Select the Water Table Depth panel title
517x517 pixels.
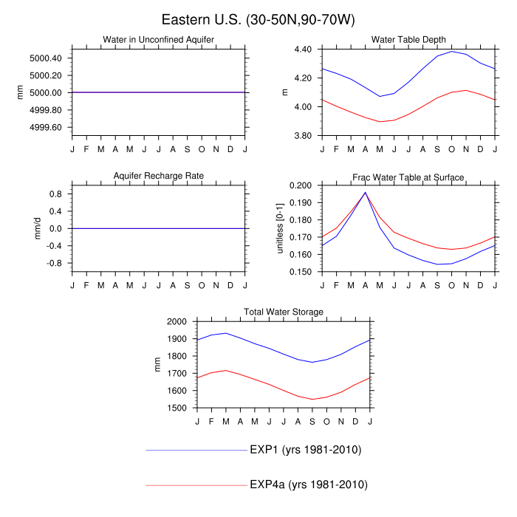pyautogui.click(x=408, y=39)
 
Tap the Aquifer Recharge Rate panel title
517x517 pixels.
pyautogui.click(x=159, y=176)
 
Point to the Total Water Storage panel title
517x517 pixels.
pyautogui.click(x=284, y=312)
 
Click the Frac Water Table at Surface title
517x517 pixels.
pyautogui.click(x=408, y=176)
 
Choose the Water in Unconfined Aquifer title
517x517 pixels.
pyautogui.click(x=159, y=39)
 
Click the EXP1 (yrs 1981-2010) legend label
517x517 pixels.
pyautogui.click(x=305, y=450)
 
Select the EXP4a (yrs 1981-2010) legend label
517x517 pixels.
pyautogui.click(x=308, y=485)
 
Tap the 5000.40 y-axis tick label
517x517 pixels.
pyautogui.click(x=47, y=58)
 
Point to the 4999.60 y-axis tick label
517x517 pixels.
pyautogui.click(x=47, y=127)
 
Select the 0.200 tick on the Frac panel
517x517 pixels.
pyautogui.click(x=300, y=185)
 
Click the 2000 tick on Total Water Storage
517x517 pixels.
pyautogui.click(x=177, y=322)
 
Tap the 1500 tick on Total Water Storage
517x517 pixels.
pyautogui.click(x=177, y=408)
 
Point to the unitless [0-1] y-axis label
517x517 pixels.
pyautogui.click(x=281, y=228)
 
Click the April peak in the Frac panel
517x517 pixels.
pyautogui.click(x=365, y=192)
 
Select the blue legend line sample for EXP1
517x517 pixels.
pyautogui.click(x=196, y=450)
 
